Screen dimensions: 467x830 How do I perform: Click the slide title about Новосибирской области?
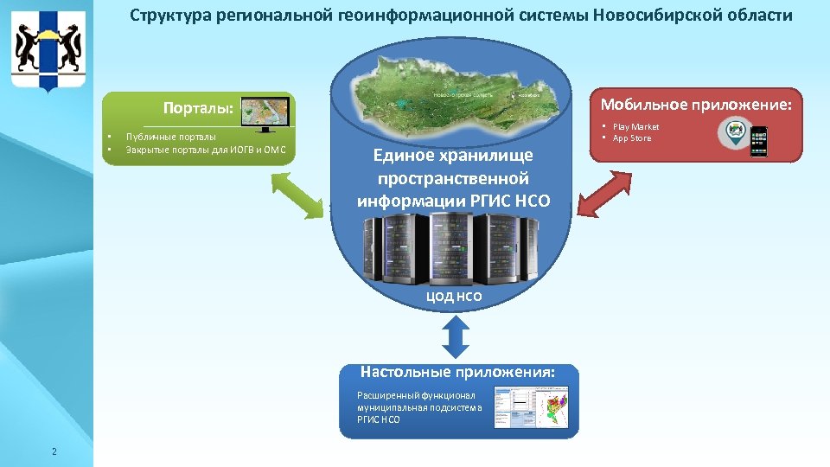[x=460, y=16]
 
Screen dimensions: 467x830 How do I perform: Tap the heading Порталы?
[x=199, y=109]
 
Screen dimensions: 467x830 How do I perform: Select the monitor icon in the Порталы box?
[x=265, y=114]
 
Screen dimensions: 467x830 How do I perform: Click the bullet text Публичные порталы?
[x=170, y=137]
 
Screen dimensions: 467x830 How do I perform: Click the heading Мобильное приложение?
[x=695, y=106]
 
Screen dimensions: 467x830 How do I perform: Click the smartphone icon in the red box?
[x=759, y=142]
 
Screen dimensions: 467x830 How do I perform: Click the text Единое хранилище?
[x=453, y=156]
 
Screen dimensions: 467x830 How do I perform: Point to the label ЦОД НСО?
[x=454, y=297]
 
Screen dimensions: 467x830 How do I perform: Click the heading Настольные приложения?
[x=457, y=373]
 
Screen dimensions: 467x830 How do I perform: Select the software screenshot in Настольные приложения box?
[x=533, y=407]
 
